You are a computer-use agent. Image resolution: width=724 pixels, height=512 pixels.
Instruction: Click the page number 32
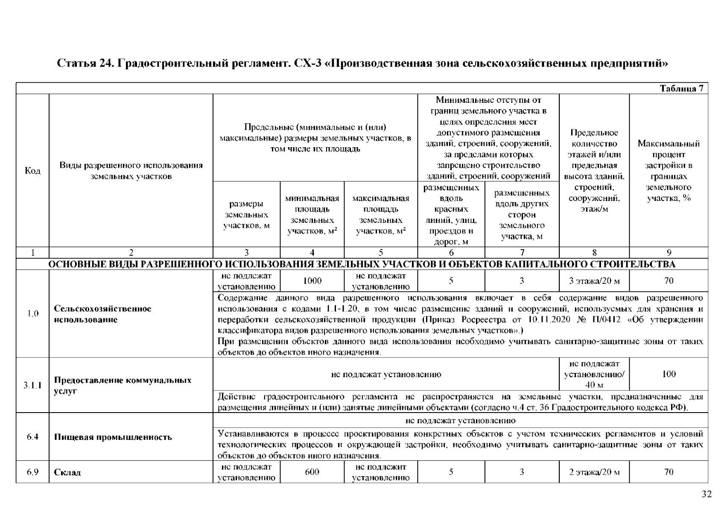[x=707, y=494]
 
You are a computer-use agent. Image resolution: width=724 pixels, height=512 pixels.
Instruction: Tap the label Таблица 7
[x=681, y=88]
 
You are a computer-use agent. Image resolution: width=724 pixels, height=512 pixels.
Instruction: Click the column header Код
[x=32, y=171]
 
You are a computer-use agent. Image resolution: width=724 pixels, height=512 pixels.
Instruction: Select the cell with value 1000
[x=312, y=281]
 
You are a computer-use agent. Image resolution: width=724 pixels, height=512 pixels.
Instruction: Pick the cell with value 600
[x=312, y=472]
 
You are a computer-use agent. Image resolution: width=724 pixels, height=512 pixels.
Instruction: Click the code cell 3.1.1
[x=32, y=385]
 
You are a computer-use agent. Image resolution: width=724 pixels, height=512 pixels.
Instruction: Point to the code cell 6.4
[x=32, y=437]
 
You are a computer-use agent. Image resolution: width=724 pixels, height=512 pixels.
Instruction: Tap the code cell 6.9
[x=32, y=472]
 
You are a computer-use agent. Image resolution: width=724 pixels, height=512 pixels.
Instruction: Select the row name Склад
[x=67, y=472]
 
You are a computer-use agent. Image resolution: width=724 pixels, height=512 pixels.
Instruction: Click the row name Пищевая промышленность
[x=113, y=437]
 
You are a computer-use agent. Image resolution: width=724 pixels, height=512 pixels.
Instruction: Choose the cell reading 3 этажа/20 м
[x=594, y=281]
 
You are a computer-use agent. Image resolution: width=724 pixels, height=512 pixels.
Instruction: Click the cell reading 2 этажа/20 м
[x=594, y=472]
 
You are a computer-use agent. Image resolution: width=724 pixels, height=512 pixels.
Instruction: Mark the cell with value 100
[x=669, y=374]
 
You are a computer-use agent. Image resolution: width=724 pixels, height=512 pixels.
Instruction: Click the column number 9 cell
[x=669, y=253]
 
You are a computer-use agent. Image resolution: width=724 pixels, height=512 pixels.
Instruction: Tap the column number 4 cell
[x=312, y=253]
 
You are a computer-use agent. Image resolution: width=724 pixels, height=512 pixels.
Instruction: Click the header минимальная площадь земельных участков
[x=312, y=215]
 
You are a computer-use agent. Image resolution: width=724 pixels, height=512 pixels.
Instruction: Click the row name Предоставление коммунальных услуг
[x=123, y=385]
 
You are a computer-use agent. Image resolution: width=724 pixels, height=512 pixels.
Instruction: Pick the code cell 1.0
[x=32, y=314]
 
